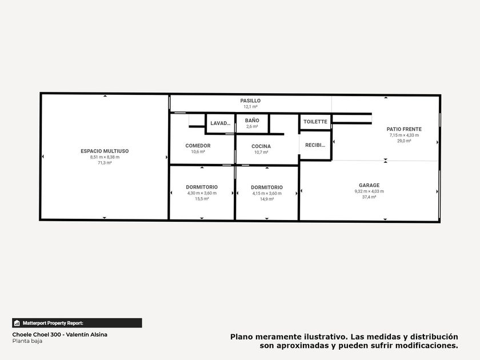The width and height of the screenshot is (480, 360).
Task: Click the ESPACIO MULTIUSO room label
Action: point(105,151)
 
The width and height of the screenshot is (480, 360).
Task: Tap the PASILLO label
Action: point(250,101)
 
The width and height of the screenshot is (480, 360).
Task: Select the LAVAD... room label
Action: point(221,123)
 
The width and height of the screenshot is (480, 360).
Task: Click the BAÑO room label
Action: point(252,121)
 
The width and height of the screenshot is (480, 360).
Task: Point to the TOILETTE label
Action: point(315,122)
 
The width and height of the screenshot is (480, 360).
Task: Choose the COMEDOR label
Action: point(198,146)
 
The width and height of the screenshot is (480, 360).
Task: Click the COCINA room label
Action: point(261,146)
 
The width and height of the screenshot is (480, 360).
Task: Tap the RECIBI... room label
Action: point(315,145)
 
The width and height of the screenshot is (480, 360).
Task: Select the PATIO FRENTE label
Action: point(404,129)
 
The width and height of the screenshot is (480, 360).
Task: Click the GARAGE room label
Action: point(369,185)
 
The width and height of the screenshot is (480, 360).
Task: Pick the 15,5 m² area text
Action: point(202,199)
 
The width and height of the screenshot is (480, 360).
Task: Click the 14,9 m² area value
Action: point(267,199)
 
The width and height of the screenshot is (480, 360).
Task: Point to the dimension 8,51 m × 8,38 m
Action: point(105,157)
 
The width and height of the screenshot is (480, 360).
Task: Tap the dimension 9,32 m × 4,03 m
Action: point(369,191)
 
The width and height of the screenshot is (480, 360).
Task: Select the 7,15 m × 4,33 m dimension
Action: point(404,135)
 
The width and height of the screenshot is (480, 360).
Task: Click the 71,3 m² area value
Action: point(105,163)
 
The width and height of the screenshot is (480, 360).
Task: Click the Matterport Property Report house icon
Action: point(17,323)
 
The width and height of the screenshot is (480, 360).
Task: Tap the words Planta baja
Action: point(27,341)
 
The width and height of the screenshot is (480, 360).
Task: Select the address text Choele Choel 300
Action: point(37,335)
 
